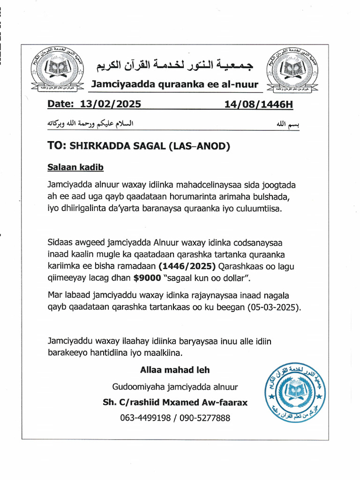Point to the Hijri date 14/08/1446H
259,104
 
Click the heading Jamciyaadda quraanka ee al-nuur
174,84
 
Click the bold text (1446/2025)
187,267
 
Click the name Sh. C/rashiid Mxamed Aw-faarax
175,403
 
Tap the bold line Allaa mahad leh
175,370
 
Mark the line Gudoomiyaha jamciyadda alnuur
175,387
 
